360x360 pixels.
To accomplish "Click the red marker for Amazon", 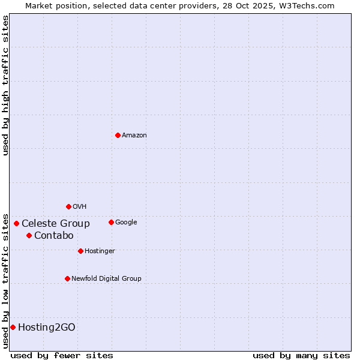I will (x=118, y=135).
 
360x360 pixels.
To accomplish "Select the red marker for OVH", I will (x=68, y=206).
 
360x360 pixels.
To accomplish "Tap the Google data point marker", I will (x=111, y=222).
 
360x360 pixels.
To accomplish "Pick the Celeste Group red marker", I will (x=16, y=223).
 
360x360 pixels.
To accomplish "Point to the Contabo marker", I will (x=29, y=235).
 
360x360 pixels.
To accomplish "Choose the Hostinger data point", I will (x=80, y=251).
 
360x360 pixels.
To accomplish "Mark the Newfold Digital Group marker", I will (x=67, y=278).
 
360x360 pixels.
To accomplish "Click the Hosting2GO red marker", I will (x=13, y=327).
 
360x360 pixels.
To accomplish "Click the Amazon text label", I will (x=134, y=136).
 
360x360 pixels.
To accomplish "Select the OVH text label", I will (x=80, y=207).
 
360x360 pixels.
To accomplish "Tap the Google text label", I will (x=126, y=223).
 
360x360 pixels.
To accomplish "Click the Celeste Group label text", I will (x=56, y=224).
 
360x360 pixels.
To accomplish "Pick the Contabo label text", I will (x=54, y=236).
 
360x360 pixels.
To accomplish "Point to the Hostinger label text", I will (x=100, y=251).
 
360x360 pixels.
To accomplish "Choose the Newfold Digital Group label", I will (x=106, y=279).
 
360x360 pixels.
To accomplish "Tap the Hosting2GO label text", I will (x=47, y=328).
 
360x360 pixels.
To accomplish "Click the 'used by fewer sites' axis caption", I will (x=62, y=355).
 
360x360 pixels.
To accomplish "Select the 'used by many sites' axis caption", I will (x=301, y=355).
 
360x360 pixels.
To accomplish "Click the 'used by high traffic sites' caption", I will (x=6, y=85).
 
